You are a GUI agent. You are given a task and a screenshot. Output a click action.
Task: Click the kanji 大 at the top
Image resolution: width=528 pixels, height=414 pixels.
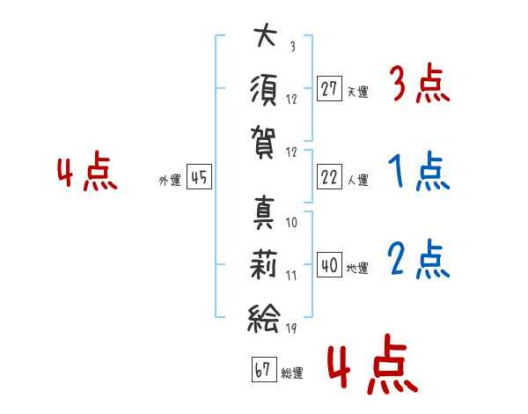(266, 34)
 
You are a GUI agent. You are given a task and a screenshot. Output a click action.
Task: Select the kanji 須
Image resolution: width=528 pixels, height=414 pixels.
(264, 90)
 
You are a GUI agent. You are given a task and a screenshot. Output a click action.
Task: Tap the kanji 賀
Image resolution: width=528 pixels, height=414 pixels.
(263, 143)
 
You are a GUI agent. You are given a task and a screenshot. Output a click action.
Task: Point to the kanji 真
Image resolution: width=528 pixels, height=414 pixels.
(264, 213)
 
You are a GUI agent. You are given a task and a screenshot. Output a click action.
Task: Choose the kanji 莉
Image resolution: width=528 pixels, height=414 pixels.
(263, 264)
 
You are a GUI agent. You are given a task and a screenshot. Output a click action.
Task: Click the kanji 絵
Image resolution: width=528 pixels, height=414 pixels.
(264, 318)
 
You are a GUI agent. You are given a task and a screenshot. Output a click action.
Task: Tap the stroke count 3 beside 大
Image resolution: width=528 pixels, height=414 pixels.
(293, 46)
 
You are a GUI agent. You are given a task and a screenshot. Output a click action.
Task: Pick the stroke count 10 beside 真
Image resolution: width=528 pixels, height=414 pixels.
(291, 223)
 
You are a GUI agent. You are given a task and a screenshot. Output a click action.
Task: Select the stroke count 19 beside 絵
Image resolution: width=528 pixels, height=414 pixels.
(291, 328)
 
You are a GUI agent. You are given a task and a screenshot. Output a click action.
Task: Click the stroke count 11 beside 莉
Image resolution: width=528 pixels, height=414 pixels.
(291, 276)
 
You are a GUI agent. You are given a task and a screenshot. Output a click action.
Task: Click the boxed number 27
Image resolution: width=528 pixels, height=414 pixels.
(329, 89)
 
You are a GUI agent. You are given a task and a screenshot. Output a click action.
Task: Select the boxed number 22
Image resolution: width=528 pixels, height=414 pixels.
(329, 177)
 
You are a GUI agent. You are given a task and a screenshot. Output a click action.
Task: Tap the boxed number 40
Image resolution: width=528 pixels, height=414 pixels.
(329, 264)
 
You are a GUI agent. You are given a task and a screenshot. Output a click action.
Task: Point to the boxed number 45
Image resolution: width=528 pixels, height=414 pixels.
(199, 177)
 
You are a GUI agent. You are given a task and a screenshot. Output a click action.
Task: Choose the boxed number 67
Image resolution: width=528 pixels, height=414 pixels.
(264, 369)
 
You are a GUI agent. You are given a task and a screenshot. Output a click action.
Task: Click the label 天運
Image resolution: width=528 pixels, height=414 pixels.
(358, 92)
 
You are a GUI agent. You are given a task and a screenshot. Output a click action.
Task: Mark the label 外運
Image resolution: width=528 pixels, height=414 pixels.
(170, 180)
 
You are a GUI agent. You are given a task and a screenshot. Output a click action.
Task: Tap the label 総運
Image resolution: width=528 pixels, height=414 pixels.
(292, 373)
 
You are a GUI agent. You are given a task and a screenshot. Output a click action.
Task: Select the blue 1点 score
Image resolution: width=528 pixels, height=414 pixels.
(419, 171)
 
